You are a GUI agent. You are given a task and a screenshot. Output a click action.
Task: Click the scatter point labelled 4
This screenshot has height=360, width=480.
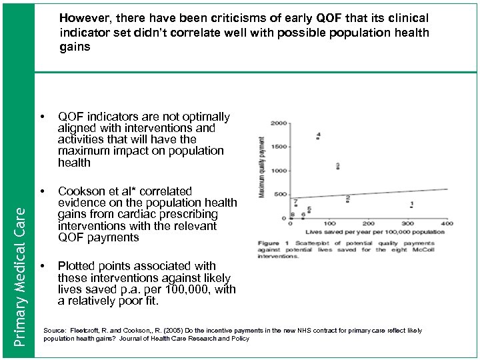tap(318, 139)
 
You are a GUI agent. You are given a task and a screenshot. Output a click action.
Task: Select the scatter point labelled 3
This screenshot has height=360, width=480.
tap(338, 168)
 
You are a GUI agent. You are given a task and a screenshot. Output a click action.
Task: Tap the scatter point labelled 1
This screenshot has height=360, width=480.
tap(411, 207)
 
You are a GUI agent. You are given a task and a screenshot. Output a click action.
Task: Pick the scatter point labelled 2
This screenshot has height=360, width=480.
tap(348, 201)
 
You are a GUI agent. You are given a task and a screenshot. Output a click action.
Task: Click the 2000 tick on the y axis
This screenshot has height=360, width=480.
tap(279, 123)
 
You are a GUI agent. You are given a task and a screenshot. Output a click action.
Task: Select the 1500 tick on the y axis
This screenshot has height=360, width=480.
tap(279, 147)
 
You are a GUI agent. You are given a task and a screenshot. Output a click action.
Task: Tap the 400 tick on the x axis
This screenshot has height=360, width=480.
tap(446, 223)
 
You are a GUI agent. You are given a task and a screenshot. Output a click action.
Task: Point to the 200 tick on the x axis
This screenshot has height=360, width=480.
tap(367, 223)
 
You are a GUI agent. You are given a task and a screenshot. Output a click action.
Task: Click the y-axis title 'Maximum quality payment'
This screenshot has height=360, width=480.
tap(262, 167)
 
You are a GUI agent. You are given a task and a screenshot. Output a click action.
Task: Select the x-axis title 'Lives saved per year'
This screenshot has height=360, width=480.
tap(347, 232)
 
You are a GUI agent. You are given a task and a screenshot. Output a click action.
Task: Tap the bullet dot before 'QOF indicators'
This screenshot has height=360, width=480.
tap(43, 117)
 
